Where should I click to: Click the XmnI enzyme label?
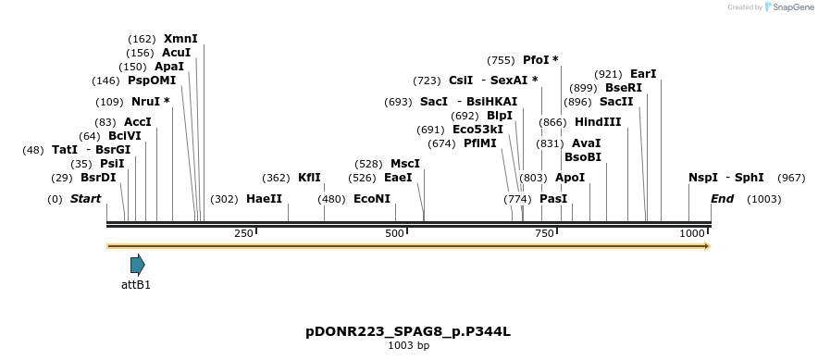pos(180,39)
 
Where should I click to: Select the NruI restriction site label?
pos(146,102)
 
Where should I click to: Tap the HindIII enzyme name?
pos(598,122)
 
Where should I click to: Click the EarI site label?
pos(643,74)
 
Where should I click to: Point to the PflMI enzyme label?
pos(480,143)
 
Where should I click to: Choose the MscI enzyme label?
pos(405,164)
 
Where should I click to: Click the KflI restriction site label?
pos(309,178)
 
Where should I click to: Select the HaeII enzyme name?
pos(264,199)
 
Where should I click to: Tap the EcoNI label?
pos(372,199)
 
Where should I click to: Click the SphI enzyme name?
pos(750,178)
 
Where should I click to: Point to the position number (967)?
pos(791,178)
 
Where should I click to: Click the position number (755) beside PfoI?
pos(501,60)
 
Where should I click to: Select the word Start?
pos(85,199)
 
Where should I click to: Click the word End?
pos(722,199)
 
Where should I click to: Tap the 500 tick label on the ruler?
pos(394,234)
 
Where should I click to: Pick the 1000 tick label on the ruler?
pos(692,234)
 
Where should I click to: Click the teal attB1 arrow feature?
pos(137,265)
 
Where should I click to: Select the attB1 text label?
pos(136,285)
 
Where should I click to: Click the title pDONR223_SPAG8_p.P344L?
pos(408,331)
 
